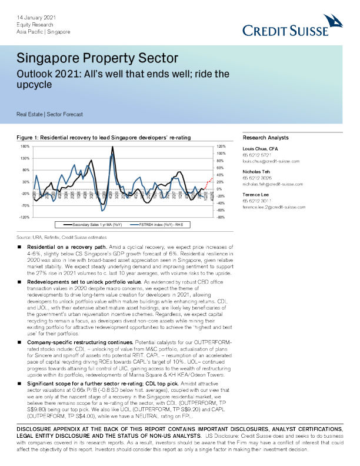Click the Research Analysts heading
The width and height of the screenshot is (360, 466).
tap(266, 137)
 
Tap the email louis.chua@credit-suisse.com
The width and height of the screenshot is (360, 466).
tap(271, 161)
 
